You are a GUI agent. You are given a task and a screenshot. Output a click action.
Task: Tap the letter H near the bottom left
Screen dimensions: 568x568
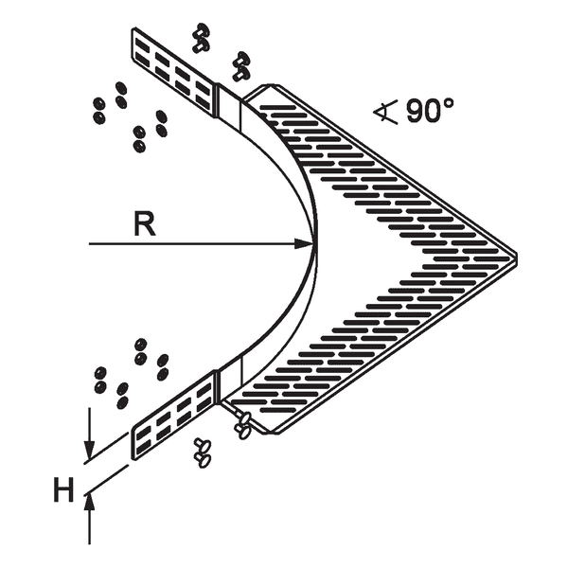coord(63,490)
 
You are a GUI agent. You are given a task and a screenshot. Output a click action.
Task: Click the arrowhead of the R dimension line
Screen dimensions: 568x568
coord(308,245)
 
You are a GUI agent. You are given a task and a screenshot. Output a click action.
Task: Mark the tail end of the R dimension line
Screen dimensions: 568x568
coord(90,245)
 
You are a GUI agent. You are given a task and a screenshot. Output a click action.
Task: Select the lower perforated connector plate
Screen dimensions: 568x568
coord(174,417)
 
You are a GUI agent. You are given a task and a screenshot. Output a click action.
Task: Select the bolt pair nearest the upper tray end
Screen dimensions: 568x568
coord(241,64)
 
